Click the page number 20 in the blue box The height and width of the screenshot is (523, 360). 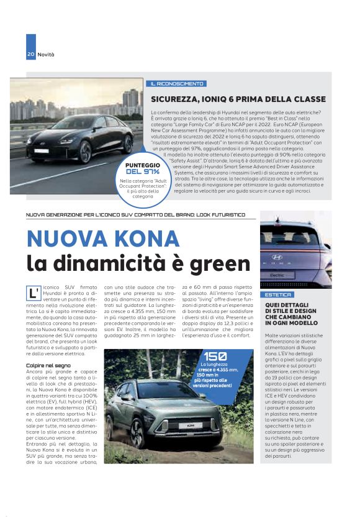pyautogui.click(x=30, y=55)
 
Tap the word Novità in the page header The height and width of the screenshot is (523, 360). pyautogui.click(x=46, y=55)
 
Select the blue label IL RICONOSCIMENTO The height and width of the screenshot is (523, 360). pyautogui.click(x=177, y=84)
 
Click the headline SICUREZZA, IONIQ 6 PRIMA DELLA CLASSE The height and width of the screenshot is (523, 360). pyautogui.click(x=238, y=99)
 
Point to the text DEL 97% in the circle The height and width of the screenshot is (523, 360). pyautogui.click(x=142, y=171)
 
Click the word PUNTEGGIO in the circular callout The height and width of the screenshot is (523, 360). pyautogui.click(x=142, y=165)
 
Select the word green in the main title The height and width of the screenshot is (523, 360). pyautogui.click(x=212, y=263)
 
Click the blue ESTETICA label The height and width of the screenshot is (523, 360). pyautogui.click(x=277, y=294)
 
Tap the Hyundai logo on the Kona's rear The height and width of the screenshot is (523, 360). pyautogui.click(x=277, y=255)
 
